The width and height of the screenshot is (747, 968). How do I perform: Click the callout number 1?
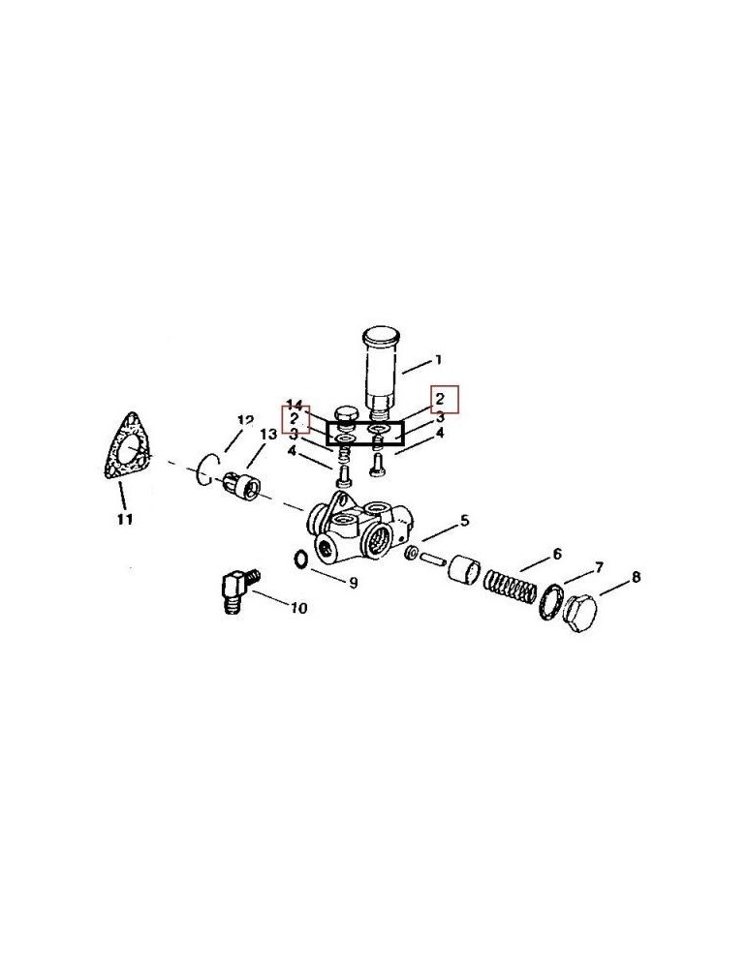438,359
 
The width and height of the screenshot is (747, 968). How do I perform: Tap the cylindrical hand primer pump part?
381,371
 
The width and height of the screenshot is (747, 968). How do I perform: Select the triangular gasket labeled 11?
128,445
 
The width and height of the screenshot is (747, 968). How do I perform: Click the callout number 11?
125,519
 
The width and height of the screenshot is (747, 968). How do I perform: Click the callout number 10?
298,608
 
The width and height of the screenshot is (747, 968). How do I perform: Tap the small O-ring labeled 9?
299,559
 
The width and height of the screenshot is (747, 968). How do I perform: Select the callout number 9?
354,582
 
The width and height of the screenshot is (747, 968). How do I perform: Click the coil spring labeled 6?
509,589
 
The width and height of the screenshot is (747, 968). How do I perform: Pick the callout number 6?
557,554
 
